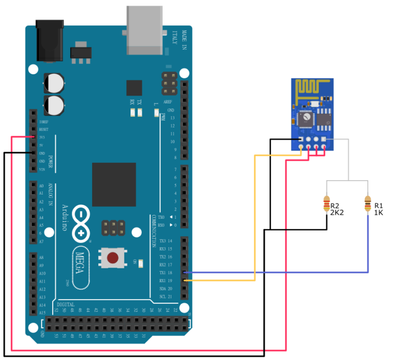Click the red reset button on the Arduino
tap(117, 257)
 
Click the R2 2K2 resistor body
tap(326, 205)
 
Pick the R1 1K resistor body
tap(367, 205)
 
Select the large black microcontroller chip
tap(114, 184)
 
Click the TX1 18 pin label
tap(166, 272)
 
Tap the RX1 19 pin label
tap(166, 281)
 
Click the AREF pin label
tap(168, 102)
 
